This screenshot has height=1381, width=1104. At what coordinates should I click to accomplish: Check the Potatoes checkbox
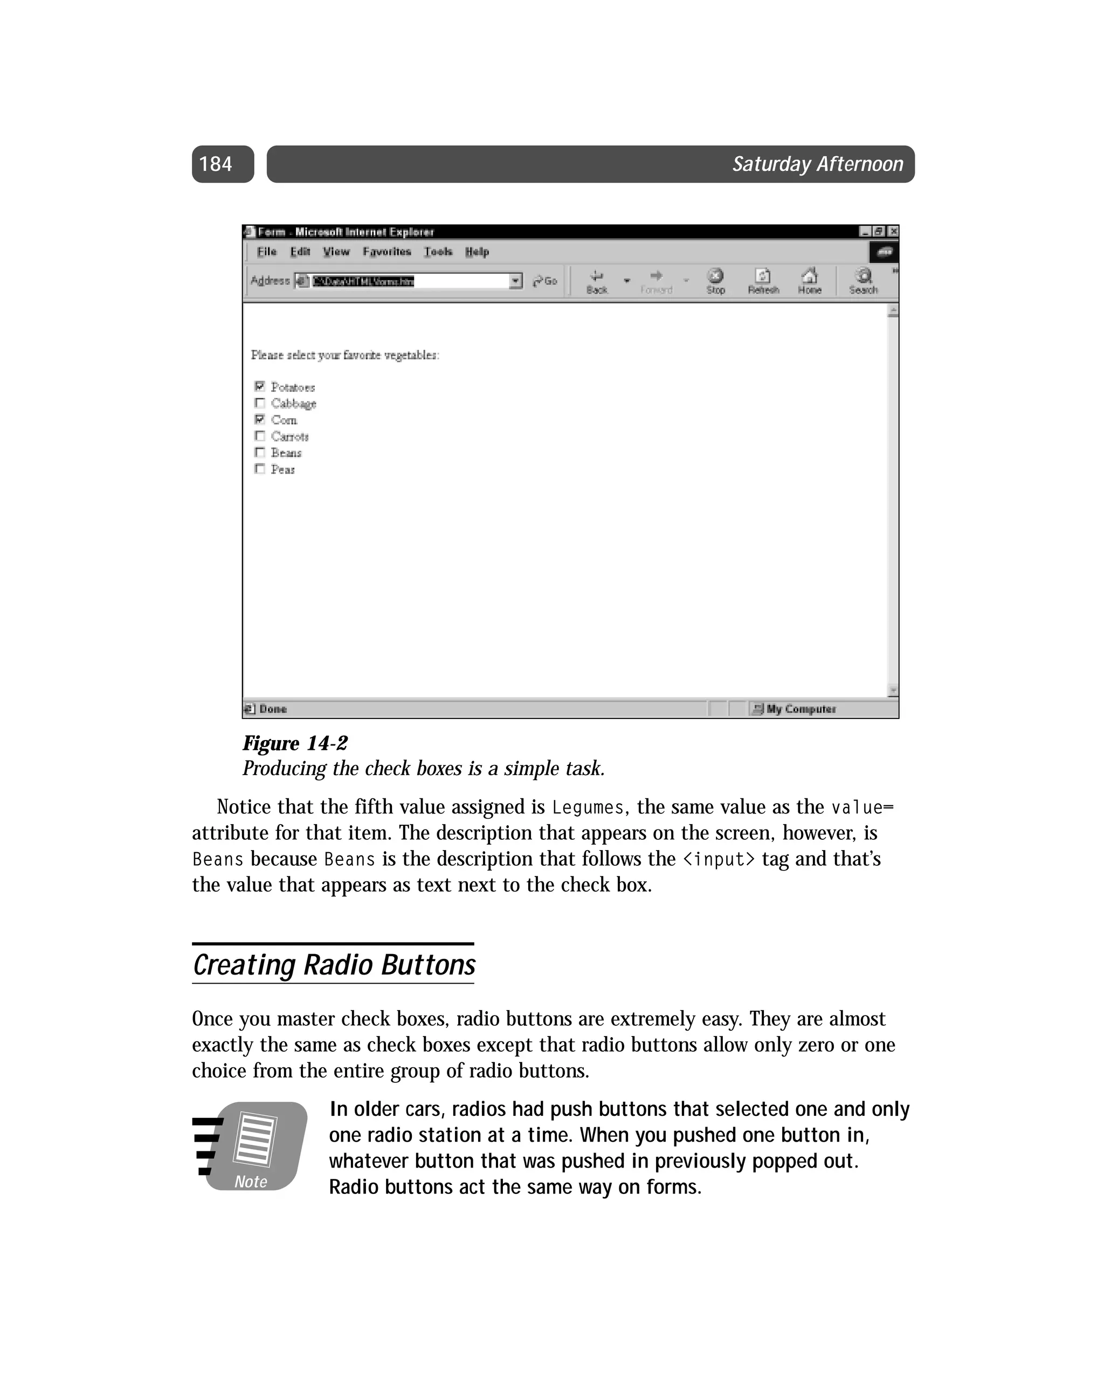click(259, 386)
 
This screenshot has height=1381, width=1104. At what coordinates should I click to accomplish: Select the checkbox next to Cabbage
click(259, 403)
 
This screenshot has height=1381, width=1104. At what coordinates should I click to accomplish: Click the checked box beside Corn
click(259, 419)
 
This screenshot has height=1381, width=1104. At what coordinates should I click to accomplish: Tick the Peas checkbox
click(259, 469)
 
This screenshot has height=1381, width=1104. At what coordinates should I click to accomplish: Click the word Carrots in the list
click(289, 437)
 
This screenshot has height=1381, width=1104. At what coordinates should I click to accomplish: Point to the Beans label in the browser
click(286, 453)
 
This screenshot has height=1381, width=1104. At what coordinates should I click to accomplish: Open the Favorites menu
click(387, 252)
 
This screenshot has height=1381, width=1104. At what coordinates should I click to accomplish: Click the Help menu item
click(477, 252)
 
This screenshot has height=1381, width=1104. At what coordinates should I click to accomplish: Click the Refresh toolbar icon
click(762, 280)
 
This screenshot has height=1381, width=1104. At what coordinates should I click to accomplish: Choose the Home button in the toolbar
click(809, 280)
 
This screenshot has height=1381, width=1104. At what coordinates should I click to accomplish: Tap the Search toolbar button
click(863, 280)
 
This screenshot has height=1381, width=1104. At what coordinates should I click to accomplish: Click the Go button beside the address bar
click(546, 280)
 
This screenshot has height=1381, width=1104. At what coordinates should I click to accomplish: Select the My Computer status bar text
click(801, 709)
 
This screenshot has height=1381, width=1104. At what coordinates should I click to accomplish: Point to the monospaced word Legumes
click(588, 807)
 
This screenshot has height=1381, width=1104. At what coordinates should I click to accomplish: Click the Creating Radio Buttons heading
click(334, 965)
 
